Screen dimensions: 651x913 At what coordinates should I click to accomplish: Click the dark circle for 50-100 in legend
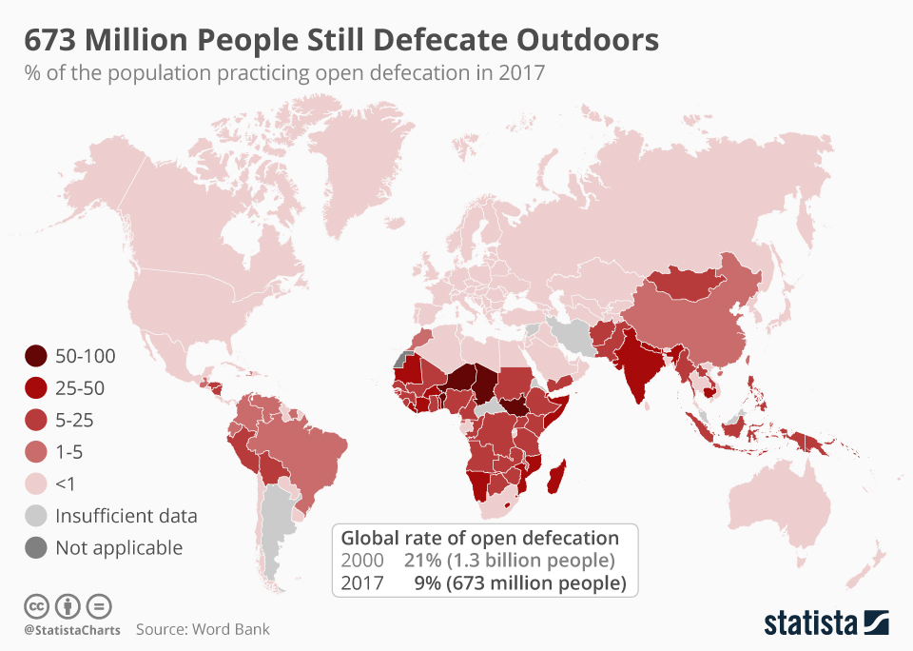tap(36, 356)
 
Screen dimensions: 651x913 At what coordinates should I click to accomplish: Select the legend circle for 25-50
tap(36, 387)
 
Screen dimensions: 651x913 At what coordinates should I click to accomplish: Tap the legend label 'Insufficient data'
tap(126, 516)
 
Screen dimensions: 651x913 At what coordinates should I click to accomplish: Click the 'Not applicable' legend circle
tap(36, 547)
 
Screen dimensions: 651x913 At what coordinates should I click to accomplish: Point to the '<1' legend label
tap(66, 483)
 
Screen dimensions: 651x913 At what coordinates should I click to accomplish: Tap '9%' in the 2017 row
tap(427, 582)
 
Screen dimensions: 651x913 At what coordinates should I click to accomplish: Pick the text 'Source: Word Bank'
tap(203, 629)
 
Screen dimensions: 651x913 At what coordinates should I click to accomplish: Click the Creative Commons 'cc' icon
tap(36, 605)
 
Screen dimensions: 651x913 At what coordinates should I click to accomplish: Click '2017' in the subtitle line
tap(521, 73)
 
